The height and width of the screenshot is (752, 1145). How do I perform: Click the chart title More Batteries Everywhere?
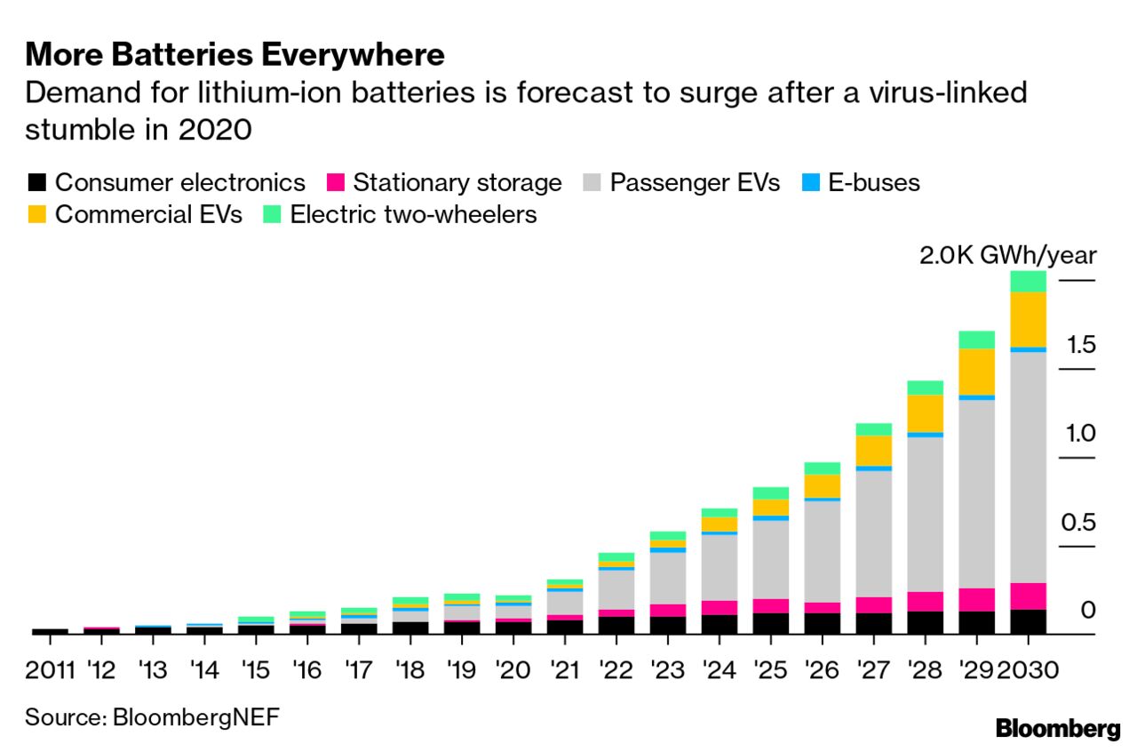click(235, 55)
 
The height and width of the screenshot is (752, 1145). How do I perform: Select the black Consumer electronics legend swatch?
click(36, 184)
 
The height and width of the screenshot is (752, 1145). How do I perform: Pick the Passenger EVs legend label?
click(695, 183)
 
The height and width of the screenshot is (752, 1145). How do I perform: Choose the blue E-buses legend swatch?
click(811, 184)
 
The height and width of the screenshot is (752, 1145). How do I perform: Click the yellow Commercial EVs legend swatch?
click(36, 215)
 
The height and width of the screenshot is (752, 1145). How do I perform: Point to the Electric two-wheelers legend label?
click(414, 215)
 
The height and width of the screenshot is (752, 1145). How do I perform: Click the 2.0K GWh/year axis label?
click(1007, 256)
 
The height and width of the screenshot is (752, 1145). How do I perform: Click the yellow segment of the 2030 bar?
click(1028, 318)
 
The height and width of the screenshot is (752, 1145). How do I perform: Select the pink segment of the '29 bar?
click(976, 599)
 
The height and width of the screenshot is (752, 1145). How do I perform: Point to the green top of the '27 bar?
click(873, 428)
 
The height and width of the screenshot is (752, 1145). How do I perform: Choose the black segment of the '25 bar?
click(770, 623)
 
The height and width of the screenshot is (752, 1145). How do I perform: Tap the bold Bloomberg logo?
click(1057, 730)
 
